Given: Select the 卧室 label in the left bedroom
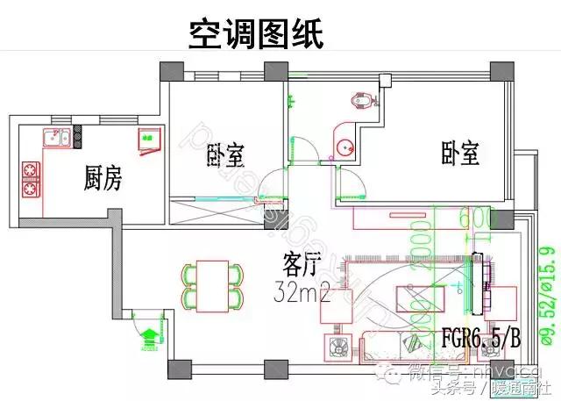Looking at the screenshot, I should [225, 156].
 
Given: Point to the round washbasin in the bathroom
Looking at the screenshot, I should [344, 147].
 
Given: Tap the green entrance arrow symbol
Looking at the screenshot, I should [149, 336].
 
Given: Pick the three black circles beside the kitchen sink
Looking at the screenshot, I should [77, 135].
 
